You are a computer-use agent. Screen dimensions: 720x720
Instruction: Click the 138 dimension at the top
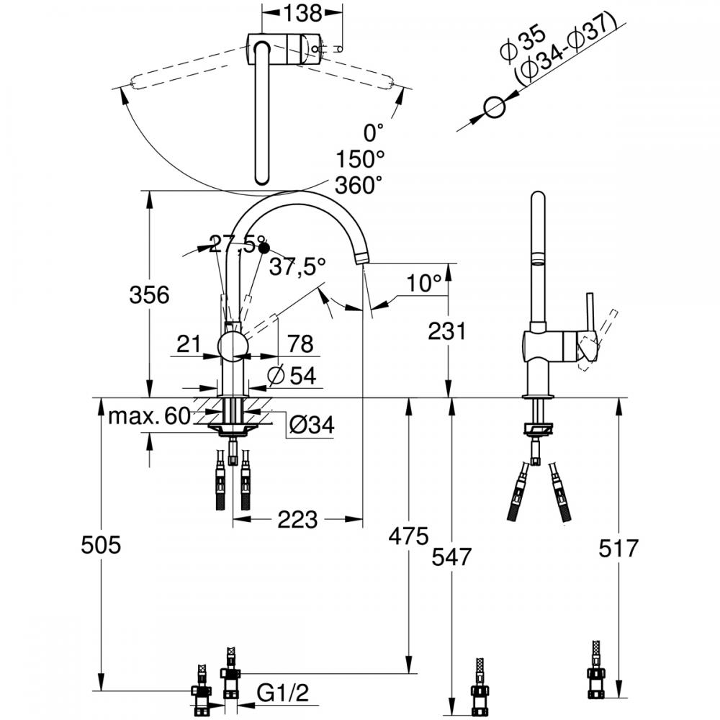302,13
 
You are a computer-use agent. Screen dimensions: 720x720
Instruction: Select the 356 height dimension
149,294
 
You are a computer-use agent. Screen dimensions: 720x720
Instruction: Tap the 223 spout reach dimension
297,519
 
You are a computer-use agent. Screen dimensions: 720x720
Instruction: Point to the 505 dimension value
101,545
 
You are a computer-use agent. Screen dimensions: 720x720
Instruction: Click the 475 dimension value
408,536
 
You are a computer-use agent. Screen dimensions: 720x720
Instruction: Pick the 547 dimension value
451,557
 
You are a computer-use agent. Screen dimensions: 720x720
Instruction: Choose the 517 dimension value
618,548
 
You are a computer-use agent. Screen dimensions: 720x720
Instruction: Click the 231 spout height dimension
447,330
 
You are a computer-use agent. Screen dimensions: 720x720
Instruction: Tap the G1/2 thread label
283,693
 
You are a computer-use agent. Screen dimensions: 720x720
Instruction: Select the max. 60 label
149,416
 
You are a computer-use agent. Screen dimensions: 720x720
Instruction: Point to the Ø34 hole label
312,425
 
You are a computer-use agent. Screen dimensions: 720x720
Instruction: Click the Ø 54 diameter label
292,376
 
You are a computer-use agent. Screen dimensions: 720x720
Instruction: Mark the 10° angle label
423,283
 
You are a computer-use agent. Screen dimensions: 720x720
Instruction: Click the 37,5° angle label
297,266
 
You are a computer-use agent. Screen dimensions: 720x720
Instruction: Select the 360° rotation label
359,186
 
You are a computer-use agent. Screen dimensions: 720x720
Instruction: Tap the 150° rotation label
360,159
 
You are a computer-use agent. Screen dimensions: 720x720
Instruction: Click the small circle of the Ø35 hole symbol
495,108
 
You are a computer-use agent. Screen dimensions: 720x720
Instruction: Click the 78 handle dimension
300,343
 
